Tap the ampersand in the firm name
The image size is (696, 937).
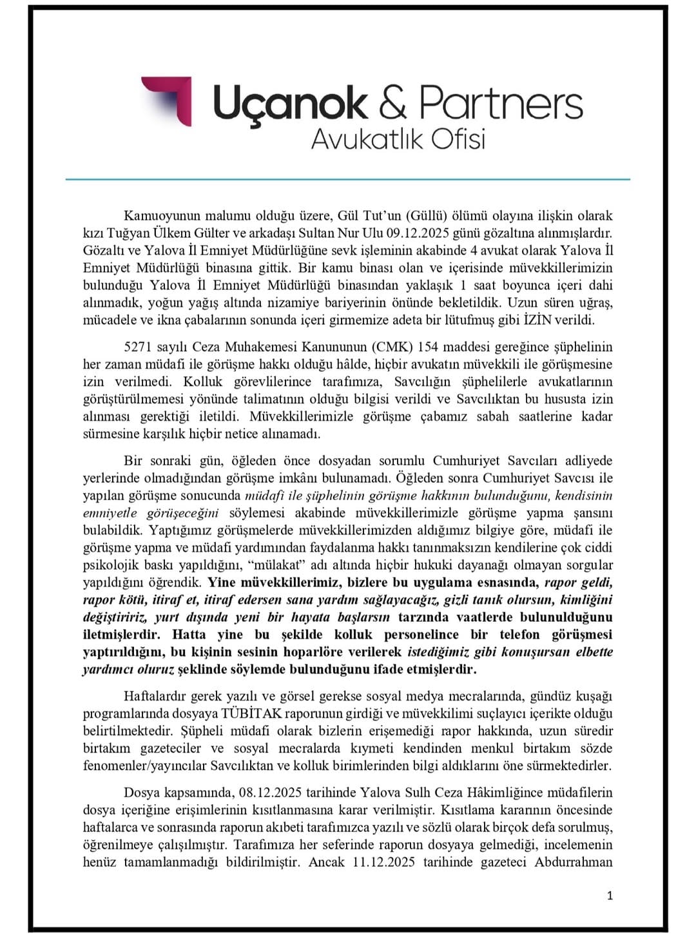tap(392, 103)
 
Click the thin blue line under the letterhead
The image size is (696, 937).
tap(348, 179)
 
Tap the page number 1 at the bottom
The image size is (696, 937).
tap(610, 895)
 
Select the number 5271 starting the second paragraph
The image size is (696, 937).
tap(137, 347)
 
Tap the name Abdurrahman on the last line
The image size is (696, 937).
tap(574, 862)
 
